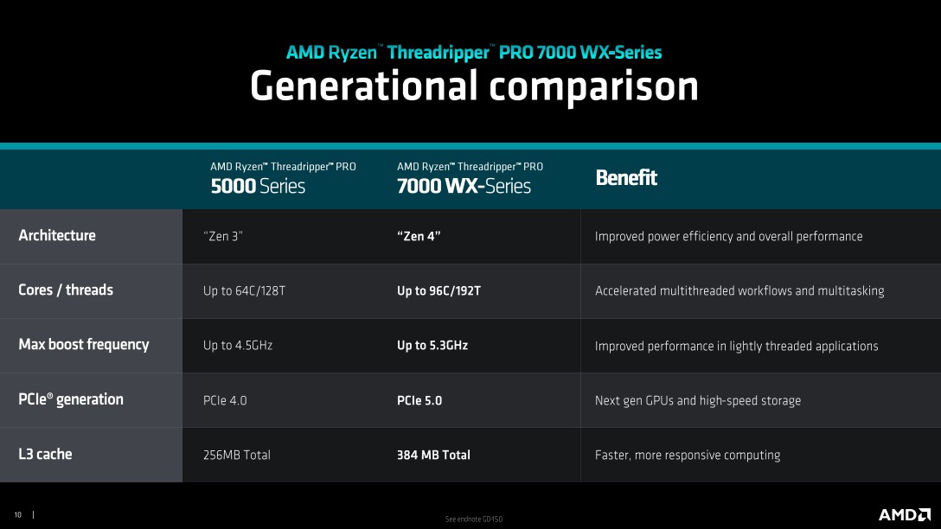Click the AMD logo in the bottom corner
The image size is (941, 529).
(x=905, y=514)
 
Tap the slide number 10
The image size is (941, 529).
(x=18, y=514)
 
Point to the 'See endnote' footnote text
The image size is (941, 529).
(x=473, y=519)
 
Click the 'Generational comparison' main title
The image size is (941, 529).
(x=474, y=86)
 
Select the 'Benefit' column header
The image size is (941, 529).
(x=626, y=177)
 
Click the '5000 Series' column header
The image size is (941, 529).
(x=258, y=186)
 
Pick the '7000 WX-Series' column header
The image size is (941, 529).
(x=464, y=186)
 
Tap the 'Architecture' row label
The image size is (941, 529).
(x=57, y=235)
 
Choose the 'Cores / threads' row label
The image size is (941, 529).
(x=66, y=290)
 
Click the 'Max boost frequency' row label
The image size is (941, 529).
(x=83, y=344)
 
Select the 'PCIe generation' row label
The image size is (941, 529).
(x=71, y=399)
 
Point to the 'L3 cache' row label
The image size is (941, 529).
(x=45, y=454)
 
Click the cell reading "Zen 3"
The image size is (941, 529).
(x=222, y=236)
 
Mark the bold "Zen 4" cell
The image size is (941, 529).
(x=419, y=236)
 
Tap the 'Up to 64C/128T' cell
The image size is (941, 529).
(x=244, y=291)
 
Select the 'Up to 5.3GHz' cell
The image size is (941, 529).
(x=432, y=346)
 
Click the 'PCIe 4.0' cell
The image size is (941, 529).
(x=225, y=401)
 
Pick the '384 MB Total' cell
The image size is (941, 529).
(x=433, y=456)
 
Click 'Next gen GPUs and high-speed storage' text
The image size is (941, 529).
(x=698, y=401)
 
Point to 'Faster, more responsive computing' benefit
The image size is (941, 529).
(x=688, y=456)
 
